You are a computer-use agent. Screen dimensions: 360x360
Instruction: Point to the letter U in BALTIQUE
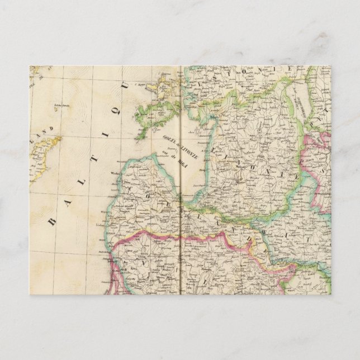coord(129,86)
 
